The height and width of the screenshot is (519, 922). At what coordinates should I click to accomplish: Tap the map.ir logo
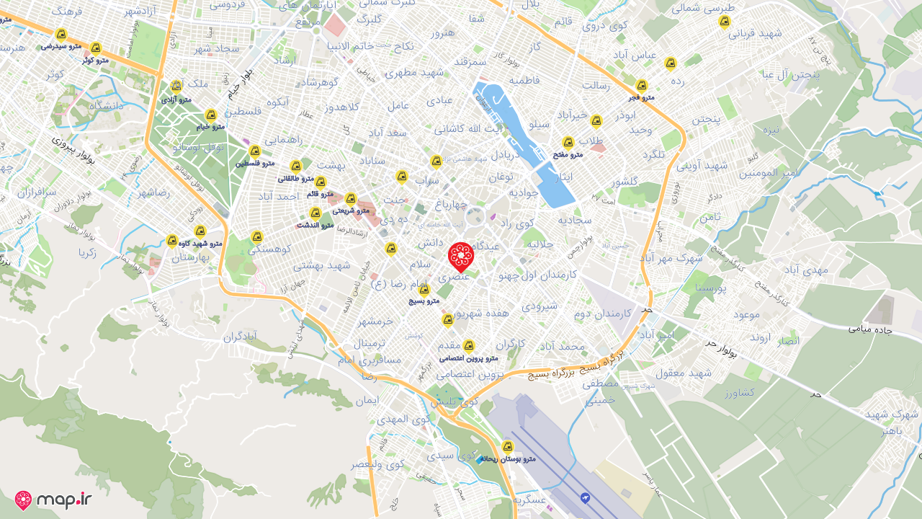53,500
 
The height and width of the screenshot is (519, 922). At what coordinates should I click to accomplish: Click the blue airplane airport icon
585,498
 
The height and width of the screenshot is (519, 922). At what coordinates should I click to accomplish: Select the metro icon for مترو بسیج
424,290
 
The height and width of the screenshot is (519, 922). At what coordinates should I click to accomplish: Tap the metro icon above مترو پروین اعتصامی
469,346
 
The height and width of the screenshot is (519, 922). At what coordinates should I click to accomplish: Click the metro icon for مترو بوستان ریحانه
508,446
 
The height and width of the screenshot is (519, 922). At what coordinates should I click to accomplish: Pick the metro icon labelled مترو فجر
642,86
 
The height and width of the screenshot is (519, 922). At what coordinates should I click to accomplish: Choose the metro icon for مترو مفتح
568,143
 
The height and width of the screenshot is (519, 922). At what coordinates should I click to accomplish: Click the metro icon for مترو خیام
211,115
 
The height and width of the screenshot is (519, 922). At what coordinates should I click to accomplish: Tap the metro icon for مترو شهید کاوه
200,231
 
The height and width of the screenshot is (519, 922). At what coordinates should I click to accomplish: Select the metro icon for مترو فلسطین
254,151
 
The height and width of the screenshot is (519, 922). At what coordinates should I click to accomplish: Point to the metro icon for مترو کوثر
95,48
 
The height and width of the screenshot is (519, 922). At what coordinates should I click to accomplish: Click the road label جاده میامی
870,329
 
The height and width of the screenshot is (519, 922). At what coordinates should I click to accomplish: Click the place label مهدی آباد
806,269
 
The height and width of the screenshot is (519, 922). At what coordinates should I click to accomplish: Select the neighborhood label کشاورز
740,392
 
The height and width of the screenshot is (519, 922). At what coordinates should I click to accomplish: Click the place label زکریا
88,252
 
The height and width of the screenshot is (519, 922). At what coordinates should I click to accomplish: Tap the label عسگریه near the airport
529,499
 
